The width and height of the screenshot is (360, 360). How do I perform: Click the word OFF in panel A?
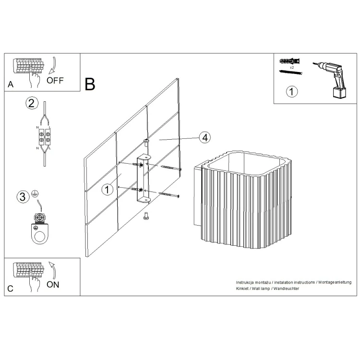55,81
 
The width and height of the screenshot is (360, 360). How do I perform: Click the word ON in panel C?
53,285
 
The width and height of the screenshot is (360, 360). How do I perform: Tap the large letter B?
90,84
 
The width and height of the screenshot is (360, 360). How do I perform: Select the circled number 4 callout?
205,138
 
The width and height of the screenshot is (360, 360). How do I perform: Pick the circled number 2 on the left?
32,103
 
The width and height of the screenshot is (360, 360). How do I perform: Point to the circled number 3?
23,197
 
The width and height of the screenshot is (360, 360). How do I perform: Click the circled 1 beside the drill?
291,92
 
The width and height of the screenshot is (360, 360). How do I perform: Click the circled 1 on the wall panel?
107,190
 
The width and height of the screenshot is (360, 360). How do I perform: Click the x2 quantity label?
292,68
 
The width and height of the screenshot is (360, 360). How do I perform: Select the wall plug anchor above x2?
289,61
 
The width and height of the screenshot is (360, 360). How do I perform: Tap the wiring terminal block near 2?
45,137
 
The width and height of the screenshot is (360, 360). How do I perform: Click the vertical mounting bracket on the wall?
144,179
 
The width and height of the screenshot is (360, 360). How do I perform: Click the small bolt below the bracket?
145,216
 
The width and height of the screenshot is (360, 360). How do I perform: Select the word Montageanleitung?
335,282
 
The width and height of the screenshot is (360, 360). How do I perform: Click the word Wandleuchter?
286,288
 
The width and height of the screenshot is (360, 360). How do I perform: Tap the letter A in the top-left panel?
11,84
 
